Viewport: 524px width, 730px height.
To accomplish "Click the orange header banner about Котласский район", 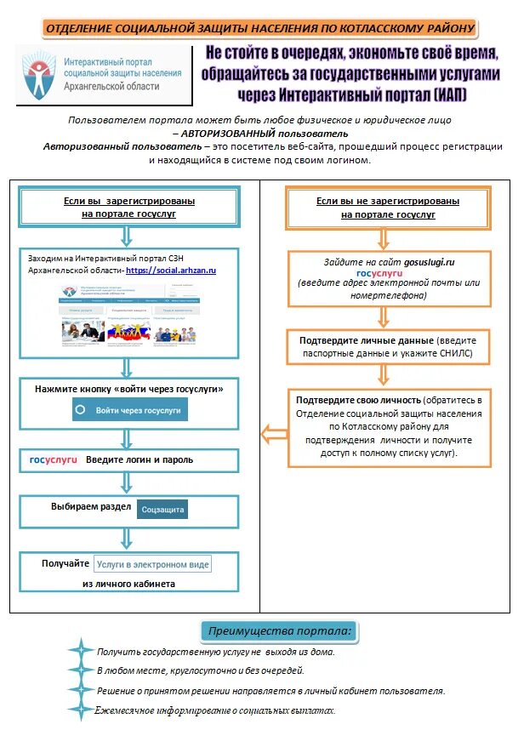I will click(261, 28).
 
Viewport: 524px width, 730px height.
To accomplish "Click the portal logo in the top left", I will click(101, 74).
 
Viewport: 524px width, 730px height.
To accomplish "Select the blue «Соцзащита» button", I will click(162, 509).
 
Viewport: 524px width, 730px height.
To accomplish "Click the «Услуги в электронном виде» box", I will click(153, 563).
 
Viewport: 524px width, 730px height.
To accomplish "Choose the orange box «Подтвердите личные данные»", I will click(388, 345).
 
